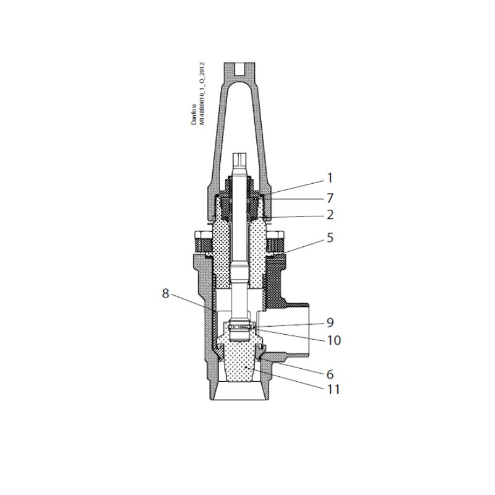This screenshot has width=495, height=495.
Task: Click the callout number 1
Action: [330, 178]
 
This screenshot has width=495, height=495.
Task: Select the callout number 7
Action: [330, 198]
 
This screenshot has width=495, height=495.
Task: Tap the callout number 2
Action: [330, 215]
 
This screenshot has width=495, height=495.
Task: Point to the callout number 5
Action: [330, 237]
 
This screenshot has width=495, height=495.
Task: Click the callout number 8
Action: [165, 293]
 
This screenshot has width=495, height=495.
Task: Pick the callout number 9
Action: [330, 322]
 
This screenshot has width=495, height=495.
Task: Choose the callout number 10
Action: [334, 340]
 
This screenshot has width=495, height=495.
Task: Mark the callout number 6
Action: [330, 374]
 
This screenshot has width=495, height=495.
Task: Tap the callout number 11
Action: [334, 390]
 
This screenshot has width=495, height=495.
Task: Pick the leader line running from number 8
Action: [192, 301]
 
